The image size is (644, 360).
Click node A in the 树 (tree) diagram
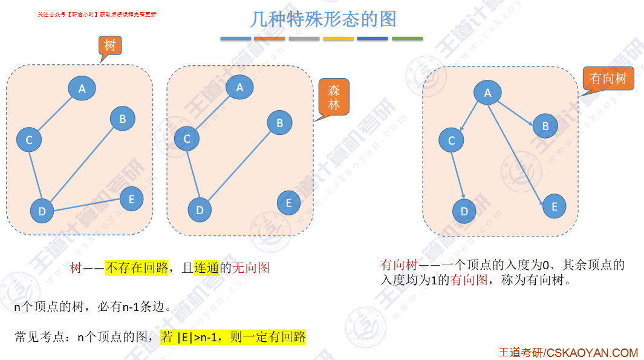(82, 88)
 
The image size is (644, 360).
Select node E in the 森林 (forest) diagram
(288, 203)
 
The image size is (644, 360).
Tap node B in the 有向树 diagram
(545, 126)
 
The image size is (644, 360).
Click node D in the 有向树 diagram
(464, 211)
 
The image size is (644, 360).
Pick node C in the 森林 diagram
(187, 139)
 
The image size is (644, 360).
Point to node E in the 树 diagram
(132, 198)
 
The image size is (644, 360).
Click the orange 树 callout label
(109, 45)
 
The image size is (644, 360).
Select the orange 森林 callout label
(334, 97)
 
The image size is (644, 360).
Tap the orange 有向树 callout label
(608, 79)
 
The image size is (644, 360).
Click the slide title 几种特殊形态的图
(323, 19)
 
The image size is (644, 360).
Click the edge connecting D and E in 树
(88, 205)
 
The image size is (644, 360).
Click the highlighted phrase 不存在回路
(137, 267)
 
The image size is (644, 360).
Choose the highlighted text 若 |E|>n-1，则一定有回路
(233, 337)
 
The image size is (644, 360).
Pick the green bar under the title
(407, 39)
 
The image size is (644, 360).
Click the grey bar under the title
(304, 39)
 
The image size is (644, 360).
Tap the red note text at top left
(97, 14)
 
